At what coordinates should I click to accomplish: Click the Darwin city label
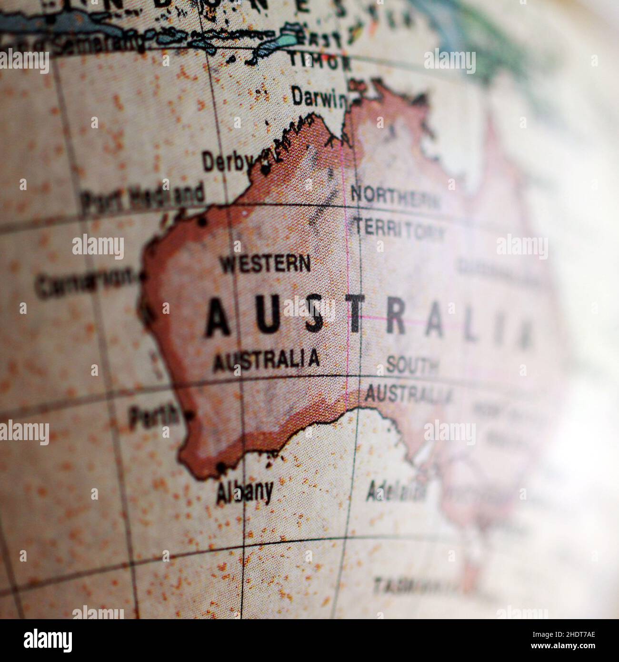pos(318,98)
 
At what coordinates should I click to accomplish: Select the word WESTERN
pos(264,263)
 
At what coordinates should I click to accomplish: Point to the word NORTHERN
pos(395,196)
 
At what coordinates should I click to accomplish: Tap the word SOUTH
pos(412,366)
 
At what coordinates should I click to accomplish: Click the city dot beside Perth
pos(189,416)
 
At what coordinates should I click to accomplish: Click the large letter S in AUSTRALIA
pos(314,317)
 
